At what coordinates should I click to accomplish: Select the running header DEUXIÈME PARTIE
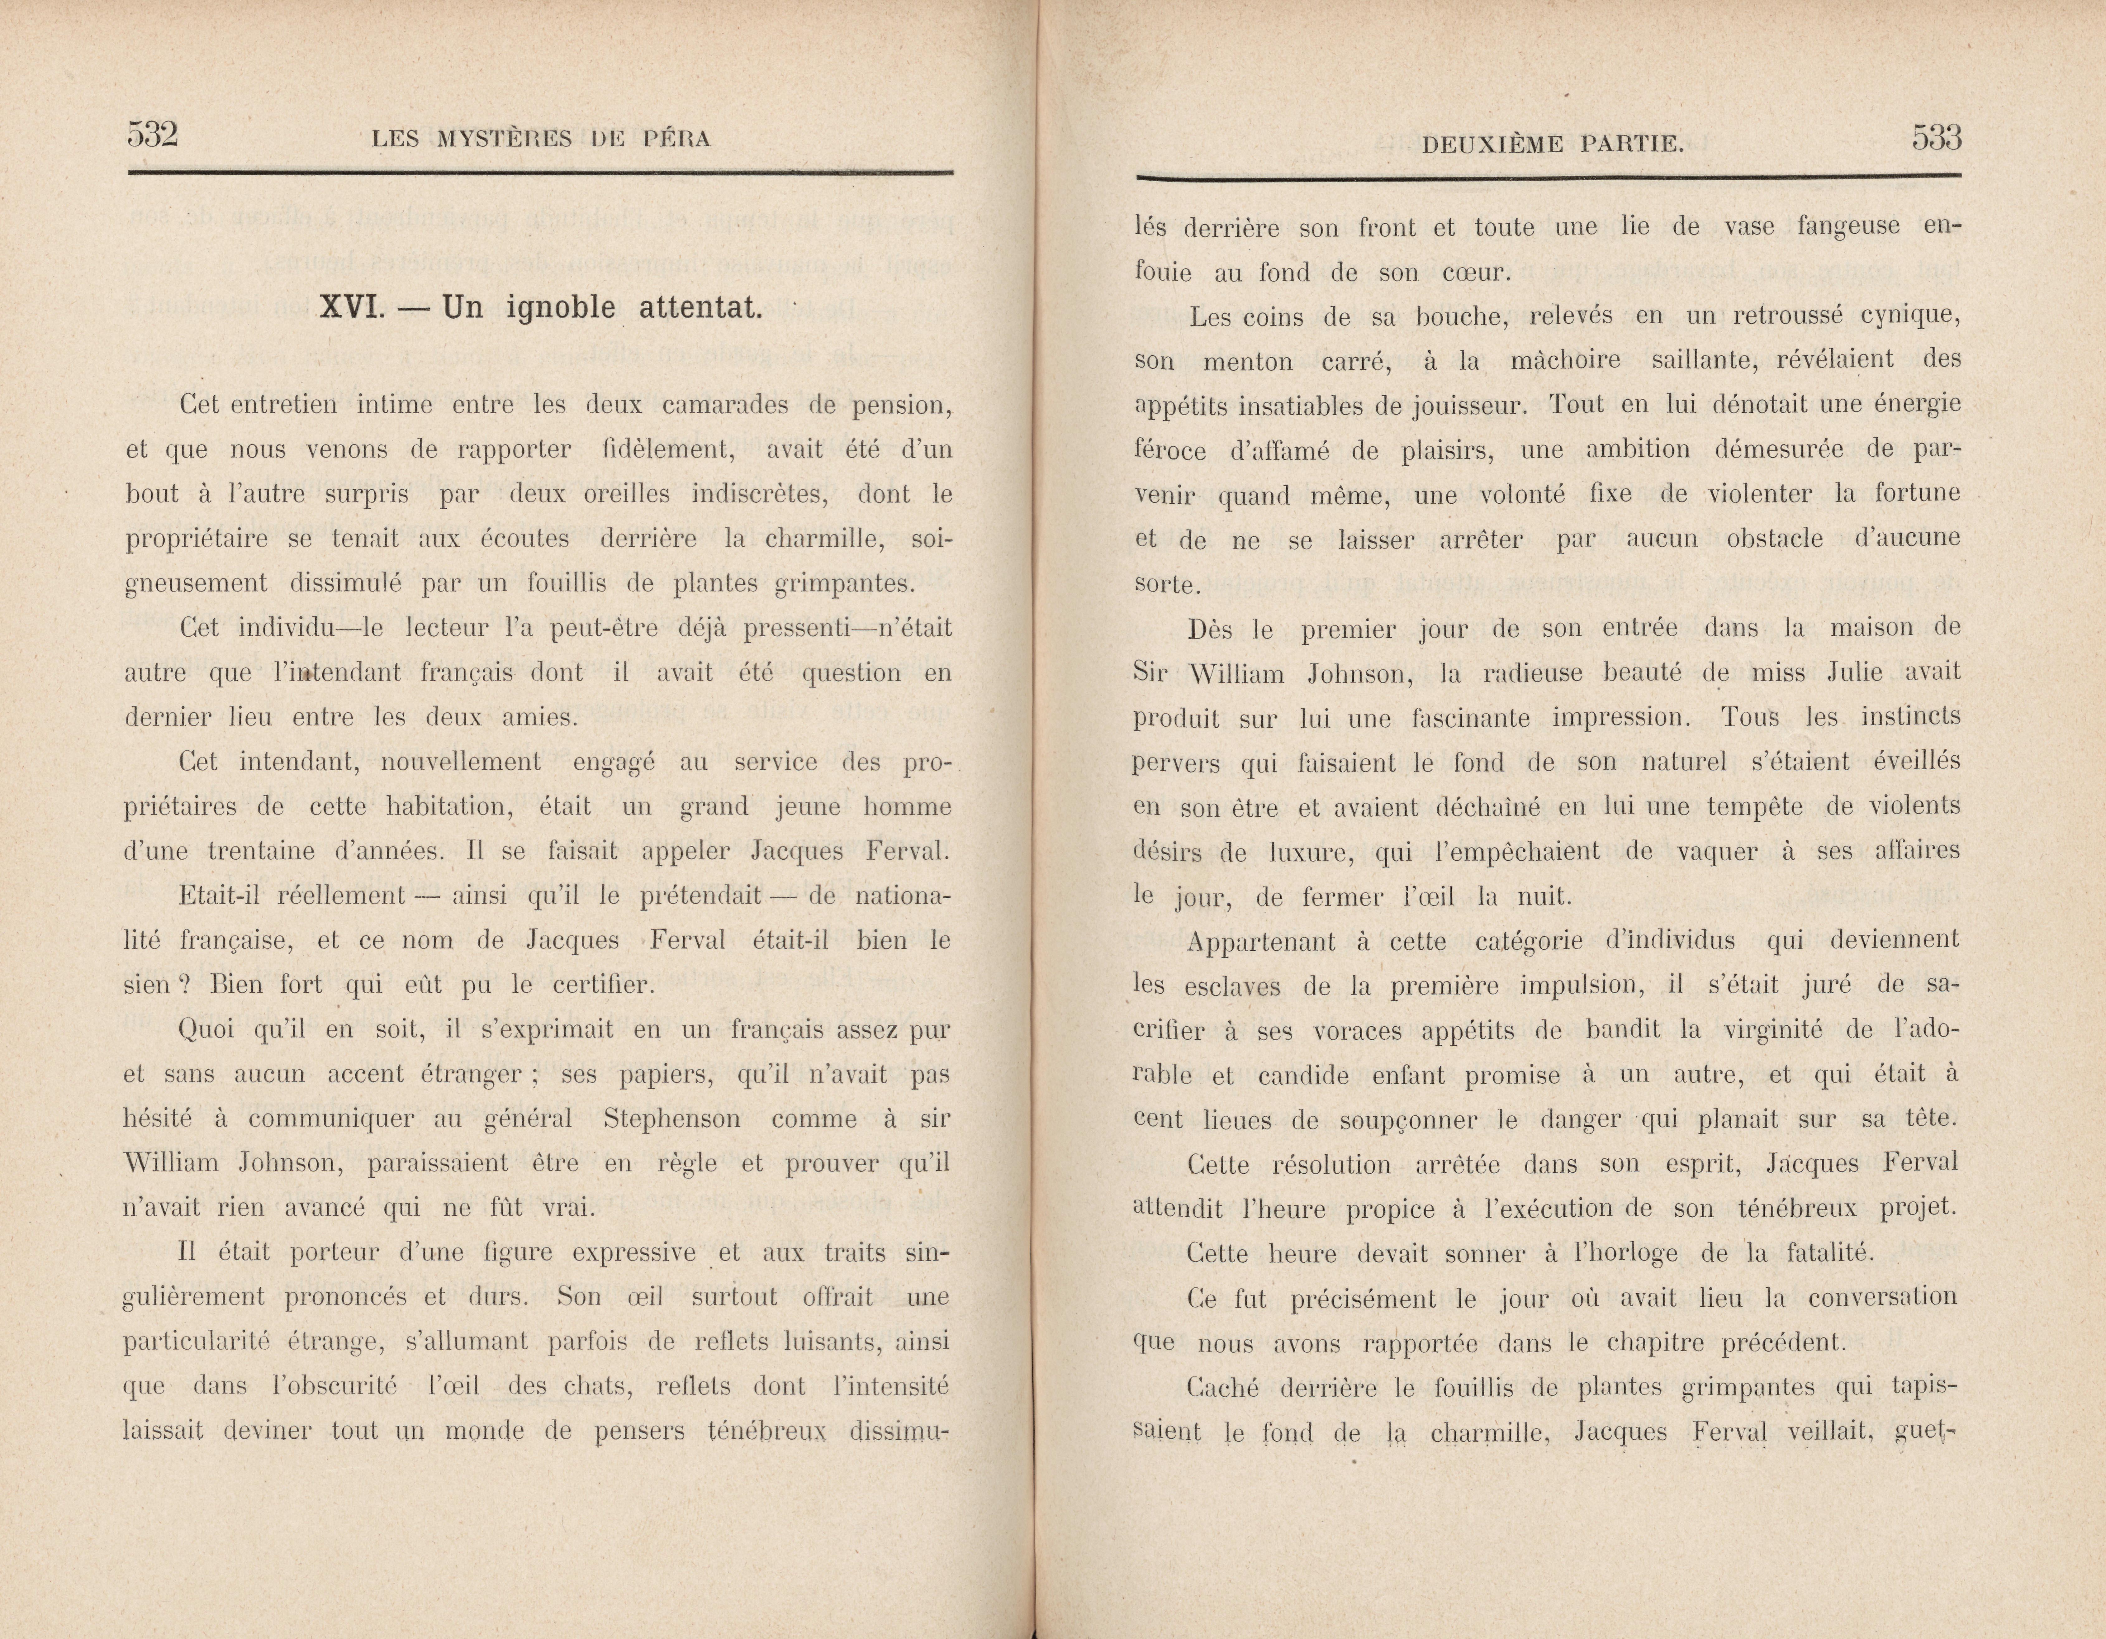(x=1553, y=145)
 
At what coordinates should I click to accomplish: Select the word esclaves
(x=1234, y=986)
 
